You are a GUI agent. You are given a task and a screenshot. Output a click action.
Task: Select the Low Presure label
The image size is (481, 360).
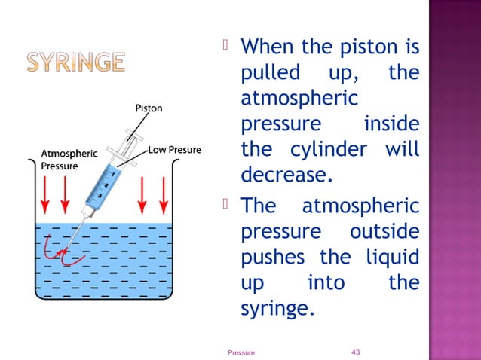[174, 150]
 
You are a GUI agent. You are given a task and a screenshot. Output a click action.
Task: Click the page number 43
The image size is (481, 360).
[357, 352]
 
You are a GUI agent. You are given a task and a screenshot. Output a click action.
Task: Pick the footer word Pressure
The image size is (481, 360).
[241, 352]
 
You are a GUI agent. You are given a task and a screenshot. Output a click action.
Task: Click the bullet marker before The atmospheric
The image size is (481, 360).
[230, 203]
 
